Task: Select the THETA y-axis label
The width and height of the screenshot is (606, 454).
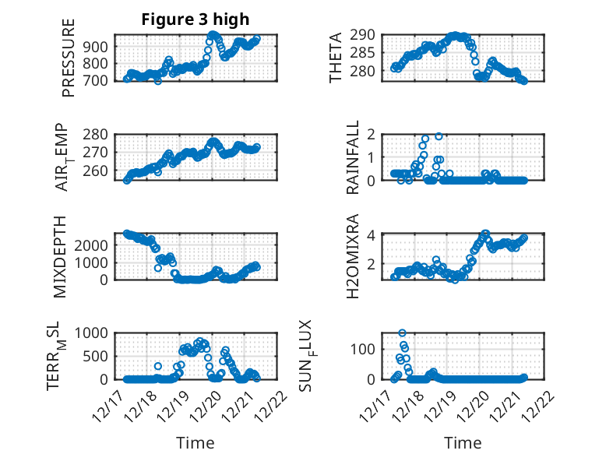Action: coord(336,57)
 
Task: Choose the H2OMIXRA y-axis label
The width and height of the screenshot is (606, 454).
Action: coord(354,256)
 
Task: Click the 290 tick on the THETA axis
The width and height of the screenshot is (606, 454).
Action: coord(368,35)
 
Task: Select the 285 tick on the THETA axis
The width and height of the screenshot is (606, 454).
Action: coord(368,53)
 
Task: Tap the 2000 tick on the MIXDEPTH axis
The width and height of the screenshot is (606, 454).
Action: coord(95,245)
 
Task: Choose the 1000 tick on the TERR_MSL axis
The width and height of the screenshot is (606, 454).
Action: coord(95,333)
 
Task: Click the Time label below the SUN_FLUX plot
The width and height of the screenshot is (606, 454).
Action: coord(463,443)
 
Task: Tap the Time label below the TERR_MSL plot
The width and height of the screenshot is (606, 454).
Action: coord(196,443)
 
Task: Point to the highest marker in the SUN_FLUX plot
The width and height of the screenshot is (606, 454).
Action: coord(402,333)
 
